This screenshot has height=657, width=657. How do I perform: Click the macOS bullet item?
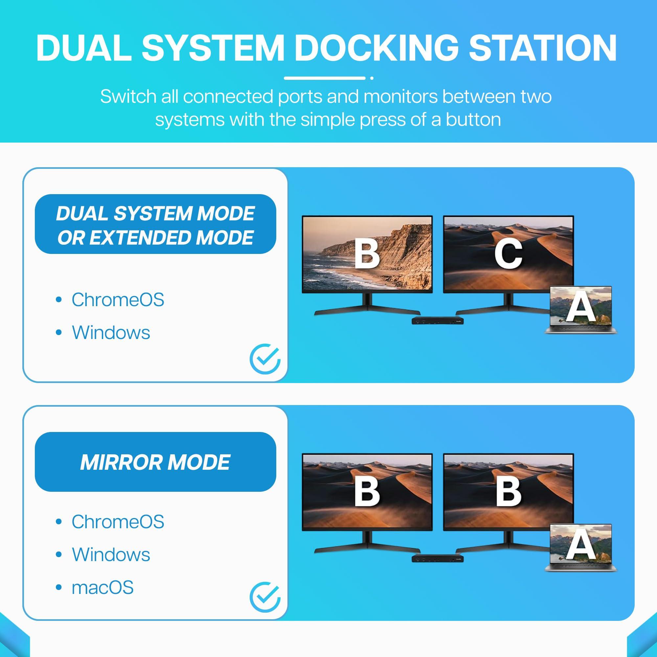click(102, 587)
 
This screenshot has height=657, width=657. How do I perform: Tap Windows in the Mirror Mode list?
click(111, 554)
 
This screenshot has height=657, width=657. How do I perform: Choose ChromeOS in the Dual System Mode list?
click(118, 300)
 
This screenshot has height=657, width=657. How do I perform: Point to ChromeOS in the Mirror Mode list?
click(118, 521)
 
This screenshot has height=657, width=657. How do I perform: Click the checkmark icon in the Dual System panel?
click(265, 359)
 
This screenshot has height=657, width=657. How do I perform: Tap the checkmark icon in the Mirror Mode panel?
click(265, 597)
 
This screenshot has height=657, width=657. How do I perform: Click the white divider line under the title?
click(325, 78)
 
